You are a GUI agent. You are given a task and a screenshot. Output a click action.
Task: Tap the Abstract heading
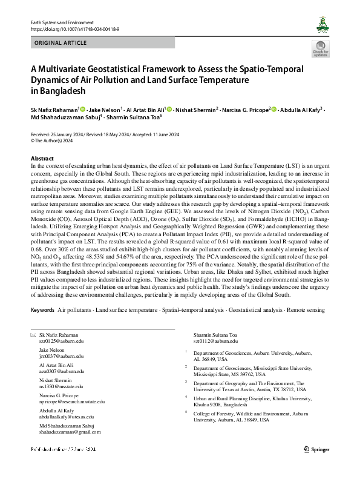point(42,158)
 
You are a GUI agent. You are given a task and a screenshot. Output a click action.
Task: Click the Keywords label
point(42,309)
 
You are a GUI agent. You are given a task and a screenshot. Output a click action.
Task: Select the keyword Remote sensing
point(306,309)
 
